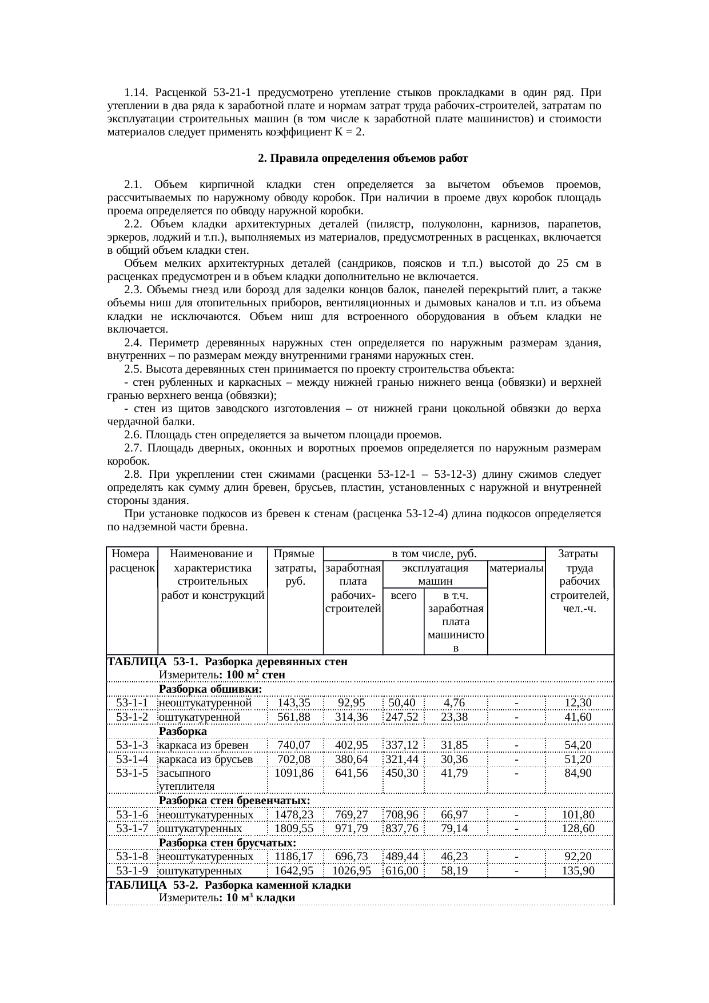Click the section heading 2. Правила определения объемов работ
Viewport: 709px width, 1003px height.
pyautogui.click(x=363, y=158)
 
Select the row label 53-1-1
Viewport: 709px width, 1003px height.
pyautogui.click(x=132, y=702)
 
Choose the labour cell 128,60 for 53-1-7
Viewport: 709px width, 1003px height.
pyautogui.click(x=579, y=828)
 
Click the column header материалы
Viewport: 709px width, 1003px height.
pyautogui.click(x=517, y=568)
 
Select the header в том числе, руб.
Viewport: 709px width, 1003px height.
pyautogui.click(x=435, y=554)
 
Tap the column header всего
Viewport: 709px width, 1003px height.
pyautogui.click(x=403, y=595)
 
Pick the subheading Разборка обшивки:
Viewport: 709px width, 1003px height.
pyautogui.click(x=210, y=689)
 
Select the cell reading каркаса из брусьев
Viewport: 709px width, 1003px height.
pyautogui.click(x=205, y=759)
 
